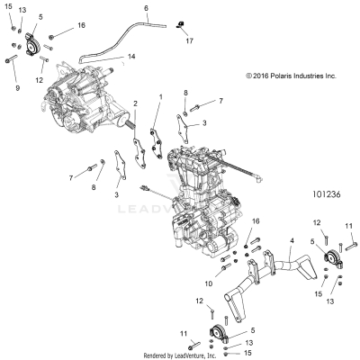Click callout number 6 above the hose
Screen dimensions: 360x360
[145, 9]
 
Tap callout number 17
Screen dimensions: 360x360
[189, 41]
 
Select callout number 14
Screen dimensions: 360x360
[131, 58]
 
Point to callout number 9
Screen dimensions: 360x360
[16, 89]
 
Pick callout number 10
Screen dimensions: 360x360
[209, 283]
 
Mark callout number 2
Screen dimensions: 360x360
[135, 103]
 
